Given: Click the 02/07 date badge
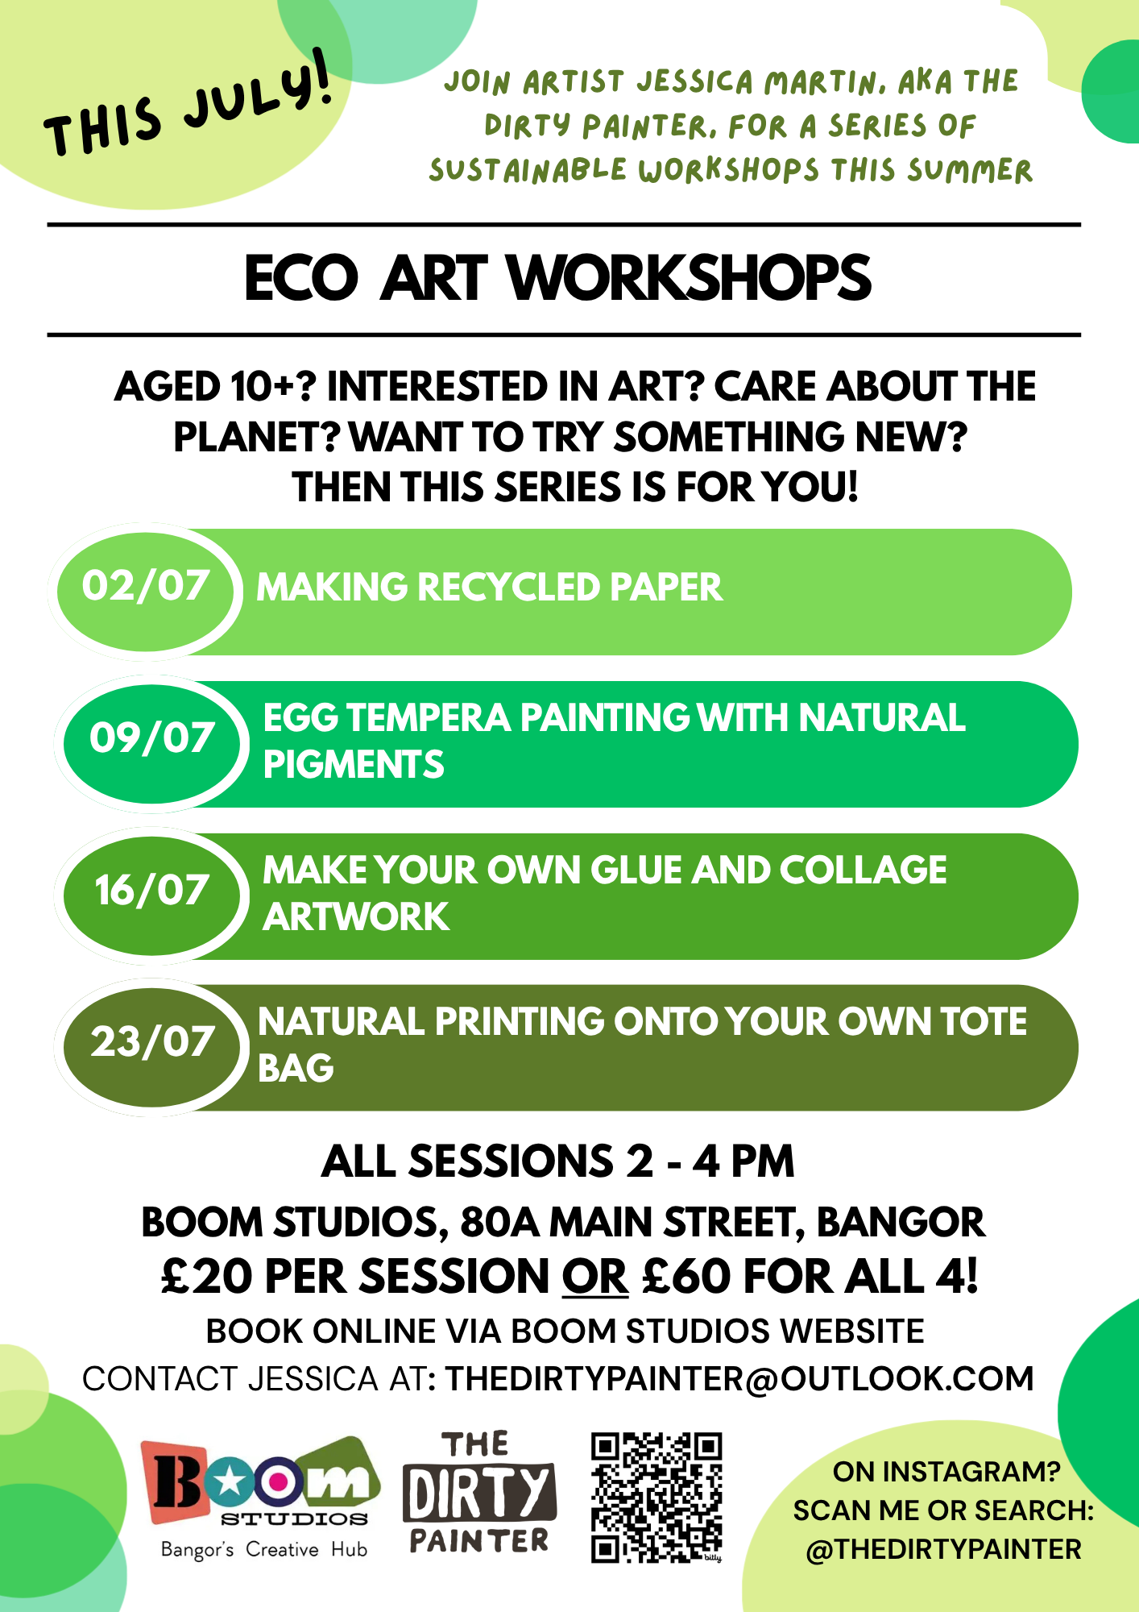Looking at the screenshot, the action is [x=146, y=591].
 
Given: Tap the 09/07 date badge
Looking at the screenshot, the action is [x=152, y=743].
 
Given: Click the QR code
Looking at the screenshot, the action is [x=656, y=1497].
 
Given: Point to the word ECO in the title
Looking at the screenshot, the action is [x=300, y=278].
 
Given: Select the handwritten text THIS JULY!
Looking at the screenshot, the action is [x=188, y=105].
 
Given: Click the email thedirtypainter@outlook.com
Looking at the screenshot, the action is [x=739, y=1379].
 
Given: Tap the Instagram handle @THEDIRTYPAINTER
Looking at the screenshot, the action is [x=943, y=1549].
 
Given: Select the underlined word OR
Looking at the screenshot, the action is [x=595, y=1278].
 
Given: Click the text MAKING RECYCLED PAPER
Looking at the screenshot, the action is [x=489, y=587].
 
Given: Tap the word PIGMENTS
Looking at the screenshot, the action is [x=354, y=764].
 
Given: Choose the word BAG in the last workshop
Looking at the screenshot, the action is [x=296, y=1068].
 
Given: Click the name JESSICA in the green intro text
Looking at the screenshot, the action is [x=695, y=81].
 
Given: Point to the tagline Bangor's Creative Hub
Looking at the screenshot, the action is [x=264, y=1549].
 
